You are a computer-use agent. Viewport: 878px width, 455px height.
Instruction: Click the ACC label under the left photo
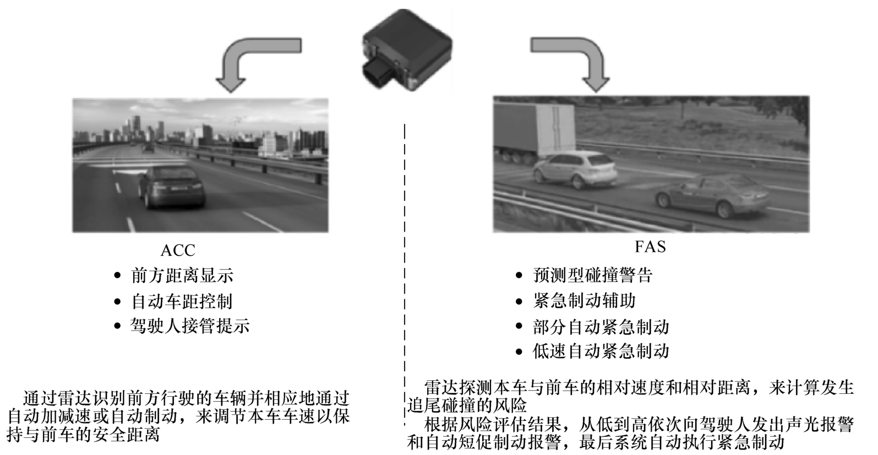pos(178,250)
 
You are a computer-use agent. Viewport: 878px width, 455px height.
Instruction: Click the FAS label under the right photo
pos(650,246)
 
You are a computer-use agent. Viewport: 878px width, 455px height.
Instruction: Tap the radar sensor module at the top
pos(407,50)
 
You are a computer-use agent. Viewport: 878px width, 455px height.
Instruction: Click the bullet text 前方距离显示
pos(182,276)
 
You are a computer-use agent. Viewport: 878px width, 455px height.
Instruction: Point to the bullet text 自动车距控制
pos(182,301)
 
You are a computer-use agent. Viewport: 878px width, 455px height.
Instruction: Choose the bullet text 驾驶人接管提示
pos(190,326)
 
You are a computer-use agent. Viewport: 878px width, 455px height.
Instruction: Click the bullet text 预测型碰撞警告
pos(593,275)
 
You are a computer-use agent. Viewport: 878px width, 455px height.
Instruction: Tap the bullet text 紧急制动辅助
pos(584,300)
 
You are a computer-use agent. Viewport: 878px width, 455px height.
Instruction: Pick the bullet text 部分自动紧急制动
pos(601,327)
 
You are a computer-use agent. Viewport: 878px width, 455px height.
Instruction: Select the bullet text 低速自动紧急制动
pos(601,351)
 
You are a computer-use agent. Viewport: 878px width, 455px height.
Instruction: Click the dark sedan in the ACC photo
pos(172,187)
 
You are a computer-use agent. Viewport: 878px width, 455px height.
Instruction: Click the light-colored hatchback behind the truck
pos(575,171)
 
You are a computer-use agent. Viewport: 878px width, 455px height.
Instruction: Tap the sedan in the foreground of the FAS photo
pos(713,196)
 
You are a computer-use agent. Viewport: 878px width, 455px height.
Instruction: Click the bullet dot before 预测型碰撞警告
pos(519,276)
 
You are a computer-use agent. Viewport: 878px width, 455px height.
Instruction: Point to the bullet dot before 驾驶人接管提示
pos(117,326)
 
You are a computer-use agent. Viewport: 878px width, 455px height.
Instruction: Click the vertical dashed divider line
pos(405,275)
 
